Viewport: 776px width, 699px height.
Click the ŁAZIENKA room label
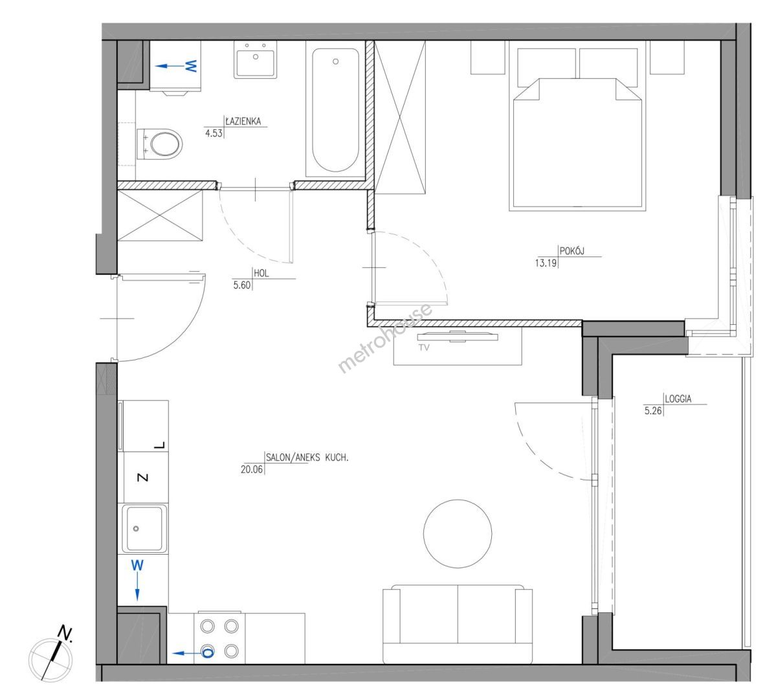tap(243, 121)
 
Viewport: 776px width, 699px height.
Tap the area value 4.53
tap(214, 133)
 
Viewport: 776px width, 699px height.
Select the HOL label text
tap(261, 273)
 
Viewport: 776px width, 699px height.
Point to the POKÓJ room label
tap(572, 251)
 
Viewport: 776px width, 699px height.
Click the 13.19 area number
tap(546, 263)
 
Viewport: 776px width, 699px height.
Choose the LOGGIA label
tap(678, 399)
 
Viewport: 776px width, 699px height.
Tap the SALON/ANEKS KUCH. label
tap(307, 458)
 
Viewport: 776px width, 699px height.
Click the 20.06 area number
tap(252, 469)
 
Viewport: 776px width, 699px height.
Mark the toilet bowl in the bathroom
tap(159, 144)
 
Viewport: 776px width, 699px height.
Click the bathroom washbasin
tap(256, 60)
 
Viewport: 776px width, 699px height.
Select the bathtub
tap(335, 109)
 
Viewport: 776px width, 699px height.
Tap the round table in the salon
tap(458, 533)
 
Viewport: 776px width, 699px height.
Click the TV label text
tap(424, 348)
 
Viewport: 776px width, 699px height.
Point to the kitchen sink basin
tap(144, 529)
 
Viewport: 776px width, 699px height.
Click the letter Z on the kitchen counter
tap(142, 478)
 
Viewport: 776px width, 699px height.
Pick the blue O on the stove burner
tap(208, 653)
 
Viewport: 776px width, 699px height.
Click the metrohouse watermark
tap(385, 338)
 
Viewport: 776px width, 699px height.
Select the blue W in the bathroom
tap(191, 66)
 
